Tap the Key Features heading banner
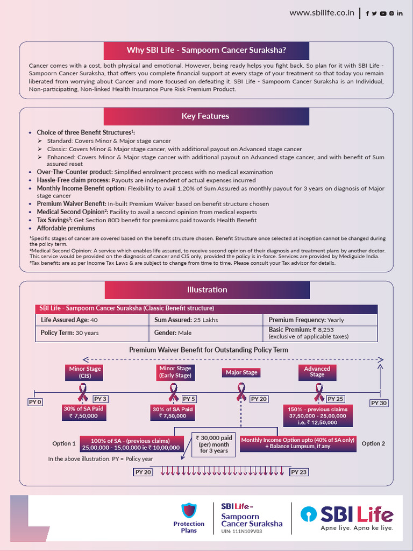[205, 116]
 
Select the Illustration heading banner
[207, 289]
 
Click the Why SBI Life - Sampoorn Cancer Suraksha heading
[206, 51]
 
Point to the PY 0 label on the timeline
[35, 402]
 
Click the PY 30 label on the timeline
[379, 402]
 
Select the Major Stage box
[241, 372]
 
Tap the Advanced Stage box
[317, 372]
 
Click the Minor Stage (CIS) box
[85, 372]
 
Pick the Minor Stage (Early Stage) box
[175, 372]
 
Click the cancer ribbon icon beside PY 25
[319, 392]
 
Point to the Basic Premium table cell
[319, 333]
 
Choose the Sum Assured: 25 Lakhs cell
[205, 320]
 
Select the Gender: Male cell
[205, 333]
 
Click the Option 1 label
[64, 443]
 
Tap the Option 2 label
[373, 443]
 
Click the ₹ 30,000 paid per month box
[214, 444]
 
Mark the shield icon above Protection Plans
[189, 510]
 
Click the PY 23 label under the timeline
[299, 472]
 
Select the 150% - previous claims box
[317, 416]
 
